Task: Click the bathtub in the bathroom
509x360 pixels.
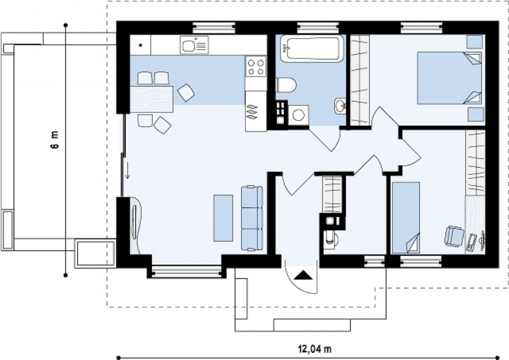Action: pyautogui.click(x=312, y=48)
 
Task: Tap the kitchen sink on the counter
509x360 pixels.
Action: pyautogui.click(x=194, y=45)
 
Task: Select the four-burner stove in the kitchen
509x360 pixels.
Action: pyautogui.click(x=256, y=66)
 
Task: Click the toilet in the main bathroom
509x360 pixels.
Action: pyautogui.click(x=286, y=85)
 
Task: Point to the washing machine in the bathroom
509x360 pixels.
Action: pyautogui.click(x=298, y=115)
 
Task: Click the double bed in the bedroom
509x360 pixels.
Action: pyautogui.click(x=449, y=78)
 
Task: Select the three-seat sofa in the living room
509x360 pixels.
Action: pyautogui.click(x=251, y=218)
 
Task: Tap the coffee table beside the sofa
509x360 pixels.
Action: pyautogui.click(x=223, y=218)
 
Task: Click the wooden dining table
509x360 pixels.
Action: pyautogui.click(x=151, y=99)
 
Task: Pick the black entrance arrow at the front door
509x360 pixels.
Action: pyautogui.click(x=303, y=275)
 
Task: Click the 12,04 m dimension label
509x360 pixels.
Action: pyautogui.click(x=314, y=349)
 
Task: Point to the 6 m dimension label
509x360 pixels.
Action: pyautogui.click(x=55, y=139)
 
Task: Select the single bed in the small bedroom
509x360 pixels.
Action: pyautogui.click(x=406, y=218)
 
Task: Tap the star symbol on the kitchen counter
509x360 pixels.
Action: pyautogui.click(x=141, y=45)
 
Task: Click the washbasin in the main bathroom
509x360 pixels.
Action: pyautogui.click(x=340, y=105)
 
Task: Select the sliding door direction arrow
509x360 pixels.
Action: pyautogui.click(x=128, y=170)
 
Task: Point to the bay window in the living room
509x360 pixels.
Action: pyautogui.click(x=186, y=271)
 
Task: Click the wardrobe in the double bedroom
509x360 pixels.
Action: pyautogui.click(x=360, y=80)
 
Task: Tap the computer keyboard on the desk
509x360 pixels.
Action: pyautogui.click(x=471, y=242)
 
